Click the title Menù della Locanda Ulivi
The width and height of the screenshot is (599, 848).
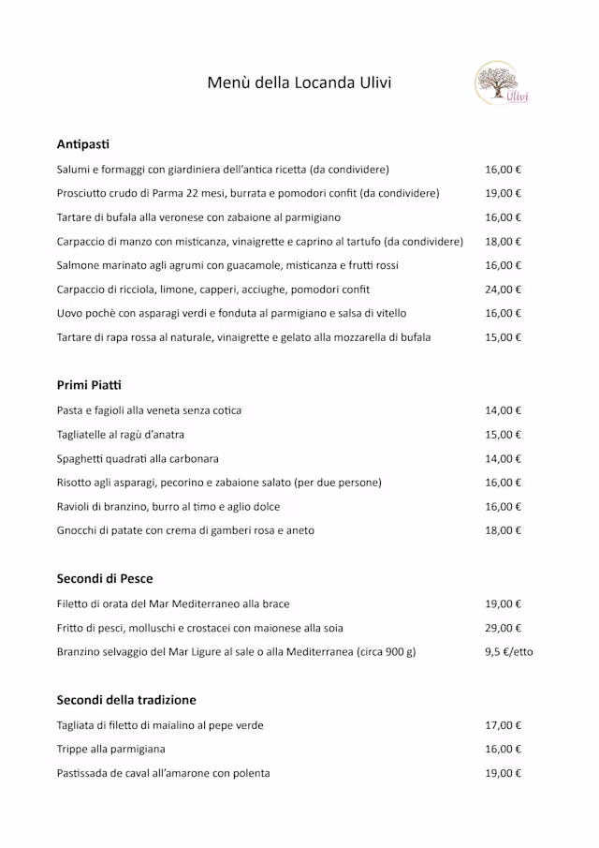299,82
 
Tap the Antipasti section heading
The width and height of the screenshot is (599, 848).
82,144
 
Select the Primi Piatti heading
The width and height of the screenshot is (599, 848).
89,385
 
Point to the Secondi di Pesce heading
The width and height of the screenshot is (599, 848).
105,579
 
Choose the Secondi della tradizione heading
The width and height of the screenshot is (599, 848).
126,700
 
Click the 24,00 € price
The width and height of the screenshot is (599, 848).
503,290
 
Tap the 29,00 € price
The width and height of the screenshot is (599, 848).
503,628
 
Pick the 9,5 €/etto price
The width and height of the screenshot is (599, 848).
508,652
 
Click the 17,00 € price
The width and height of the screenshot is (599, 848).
503,725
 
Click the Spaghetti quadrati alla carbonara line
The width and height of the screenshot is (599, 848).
138,459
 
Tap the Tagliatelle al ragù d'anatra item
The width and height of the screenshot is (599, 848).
120,435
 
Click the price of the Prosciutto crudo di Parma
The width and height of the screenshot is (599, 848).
503,194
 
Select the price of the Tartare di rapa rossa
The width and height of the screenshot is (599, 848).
503,337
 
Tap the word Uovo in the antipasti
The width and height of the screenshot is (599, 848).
70,314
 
